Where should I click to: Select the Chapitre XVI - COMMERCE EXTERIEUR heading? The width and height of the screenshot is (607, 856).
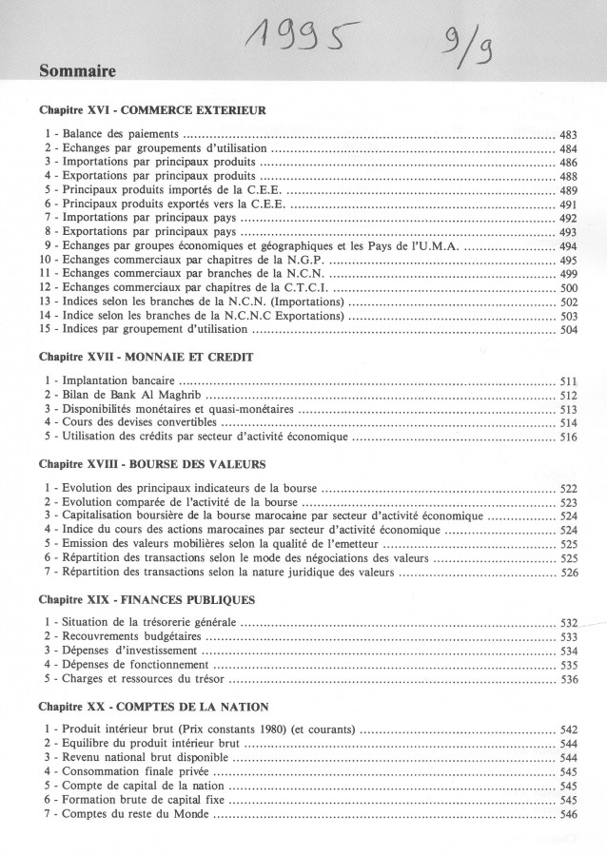click(x=152, y=110)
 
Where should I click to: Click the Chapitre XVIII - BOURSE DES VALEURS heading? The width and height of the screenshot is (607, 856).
click(x=152, y=464)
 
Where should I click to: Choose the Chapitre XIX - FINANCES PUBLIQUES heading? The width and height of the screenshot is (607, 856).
click(x=147, y=600)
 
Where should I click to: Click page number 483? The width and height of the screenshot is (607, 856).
click(x=569, y=136)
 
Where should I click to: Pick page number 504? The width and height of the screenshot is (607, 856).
click(x=569, y=329)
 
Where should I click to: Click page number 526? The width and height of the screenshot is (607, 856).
click(x=569, y=574)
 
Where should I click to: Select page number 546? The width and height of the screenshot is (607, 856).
click(x=569, y=815)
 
